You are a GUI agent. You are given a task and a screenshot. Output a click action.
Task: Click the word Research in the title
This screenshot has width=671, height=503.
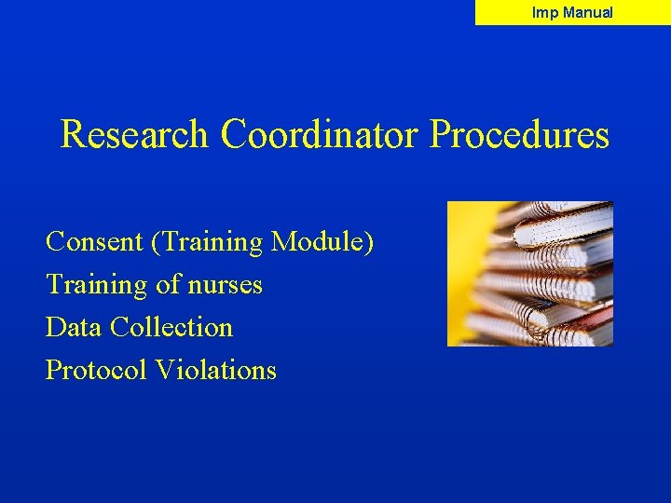point(134,135)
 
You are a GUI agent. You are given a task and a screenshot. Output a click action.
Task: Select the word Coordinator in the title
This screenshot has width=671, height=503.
point(321,135)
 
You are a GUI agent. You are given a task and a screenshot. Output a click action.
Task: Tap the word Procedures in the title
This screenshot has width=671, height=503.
point(519,135)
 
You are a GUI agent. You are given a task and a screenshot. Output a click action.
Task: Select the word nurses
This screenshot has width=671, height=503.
point(223,285)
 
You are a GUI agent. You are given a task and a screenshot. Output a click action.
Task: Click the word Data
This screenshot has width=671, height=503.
point(74,328)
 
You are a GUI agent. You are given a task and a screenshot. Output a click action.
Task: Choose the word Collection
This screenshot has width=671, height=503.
point(171,328)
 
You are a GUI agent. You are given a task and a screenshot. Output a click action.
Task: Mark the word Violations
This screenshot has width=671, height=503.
point(216,371)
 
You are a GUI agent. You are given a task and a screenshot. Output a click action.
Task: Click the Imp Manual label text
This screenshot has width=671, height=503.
point(572,13)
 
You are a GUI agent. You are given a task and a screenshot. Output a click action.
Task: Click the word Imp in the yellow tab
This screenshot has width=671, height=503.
point(544,13)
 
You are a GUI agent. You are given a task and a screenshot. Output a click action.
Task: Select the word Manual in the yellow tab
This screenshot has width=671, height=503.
point(588,13)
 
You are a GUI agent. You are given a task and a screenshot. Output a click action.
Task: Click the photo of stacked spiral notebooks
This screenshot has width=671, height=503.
point(530,274)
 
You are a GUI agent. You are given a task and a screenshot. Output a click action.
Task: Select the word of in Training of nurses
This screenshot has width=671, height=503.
point(168,285)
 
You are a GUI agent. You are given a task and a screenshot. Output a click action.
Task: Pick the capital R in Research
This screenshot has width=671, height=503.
point(72,135)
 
